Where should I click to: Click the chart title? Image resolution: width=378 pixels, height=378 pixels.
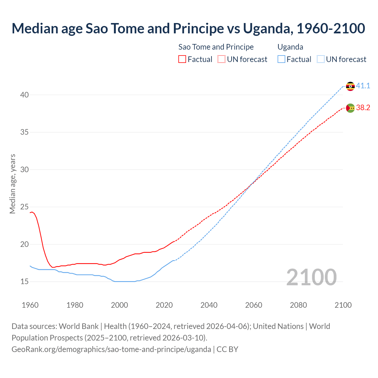(x=188, y=28)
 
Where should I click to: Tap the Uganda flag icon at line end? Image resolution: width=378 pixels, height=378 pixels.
(x=350, y=86)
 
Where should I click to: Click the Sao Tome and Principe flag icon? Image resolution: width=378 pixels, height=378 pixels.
(x=350, y=108)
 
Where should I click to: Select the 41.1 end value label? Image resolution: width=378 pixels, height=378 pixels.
(x=363, y=86)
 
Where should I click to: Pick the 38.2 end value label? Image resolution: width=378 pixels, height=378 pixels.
(x=363, y=108)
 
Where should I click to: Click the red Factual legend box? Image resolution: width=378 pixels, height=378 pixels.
(x=182, y=59)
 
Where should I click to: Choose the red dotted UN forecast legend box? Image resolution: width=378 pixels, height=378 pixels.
(x=221, y=59)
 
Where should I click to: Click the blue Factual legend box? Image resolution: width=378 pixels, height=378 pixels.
(x=281, y=59)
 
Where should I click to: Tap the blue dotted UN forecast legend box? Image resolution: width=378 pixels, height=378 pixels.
(x=321, y=59)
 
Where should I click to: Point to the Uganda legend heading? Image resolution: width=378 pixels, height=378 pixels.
(x=290, y=47)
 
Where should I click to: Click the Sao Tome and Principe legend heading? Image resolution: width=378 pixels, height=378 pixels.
(x=216, y=47)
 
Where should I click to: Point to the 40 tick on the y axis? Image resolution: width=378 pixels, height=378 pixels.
(x=25, y=95)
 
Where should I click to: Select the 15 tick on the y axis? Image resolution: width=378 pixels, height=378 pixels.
(x=25, y=281)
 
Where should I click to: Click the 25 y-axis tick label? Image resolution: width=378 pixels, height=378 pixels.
(x=25, y=207)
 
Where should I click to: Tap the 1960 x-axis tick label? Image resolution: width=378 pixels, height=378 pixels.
(x=30, y=305)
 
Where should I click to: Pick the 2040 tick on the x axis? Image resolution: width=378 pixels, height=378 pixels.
(x=209, y=305)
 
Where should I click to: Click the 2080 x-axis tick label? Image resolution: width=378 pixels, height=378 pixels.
(x=298, y=305)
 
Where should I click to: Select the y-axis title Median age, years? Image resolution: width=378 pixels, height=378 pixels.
(x=12, y=184)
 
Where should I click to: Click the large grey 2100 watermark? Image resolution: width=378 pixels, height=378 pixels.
(x=311, y=277)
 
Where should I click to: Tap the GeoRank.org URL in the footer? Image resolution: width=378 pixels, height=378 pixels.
(x=111, y=349)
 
